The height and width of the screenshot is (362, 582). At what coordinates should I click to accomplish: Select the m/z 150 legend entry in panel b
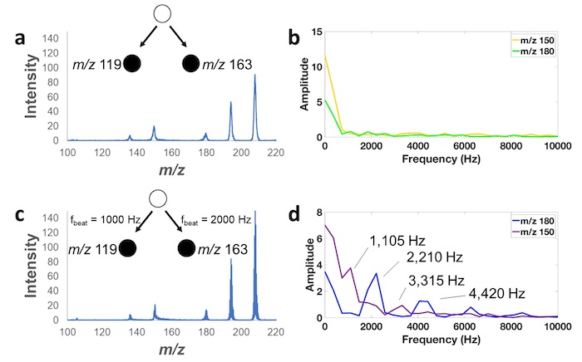tap(538, 39)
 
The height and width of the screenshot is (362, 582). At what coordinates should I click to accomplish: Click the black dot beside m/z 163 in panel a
tap(191, 63)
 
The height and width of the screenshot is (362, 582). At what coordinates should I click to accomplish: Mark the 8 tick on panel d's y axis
tap(318, 213)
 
